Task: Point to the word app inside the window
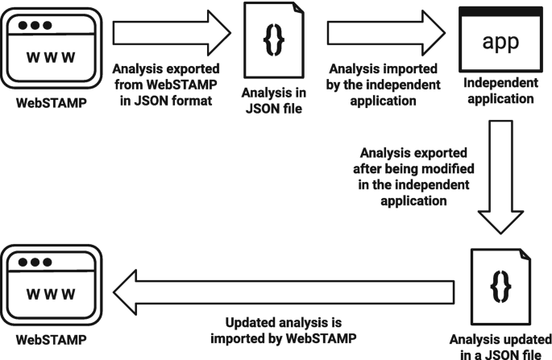tap(500, 43)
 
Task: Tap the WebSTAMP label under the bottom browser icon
tap(52, 340)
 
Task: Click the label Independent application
tap(500, 92)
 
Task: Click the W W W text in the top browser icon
tap(52, 57)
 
